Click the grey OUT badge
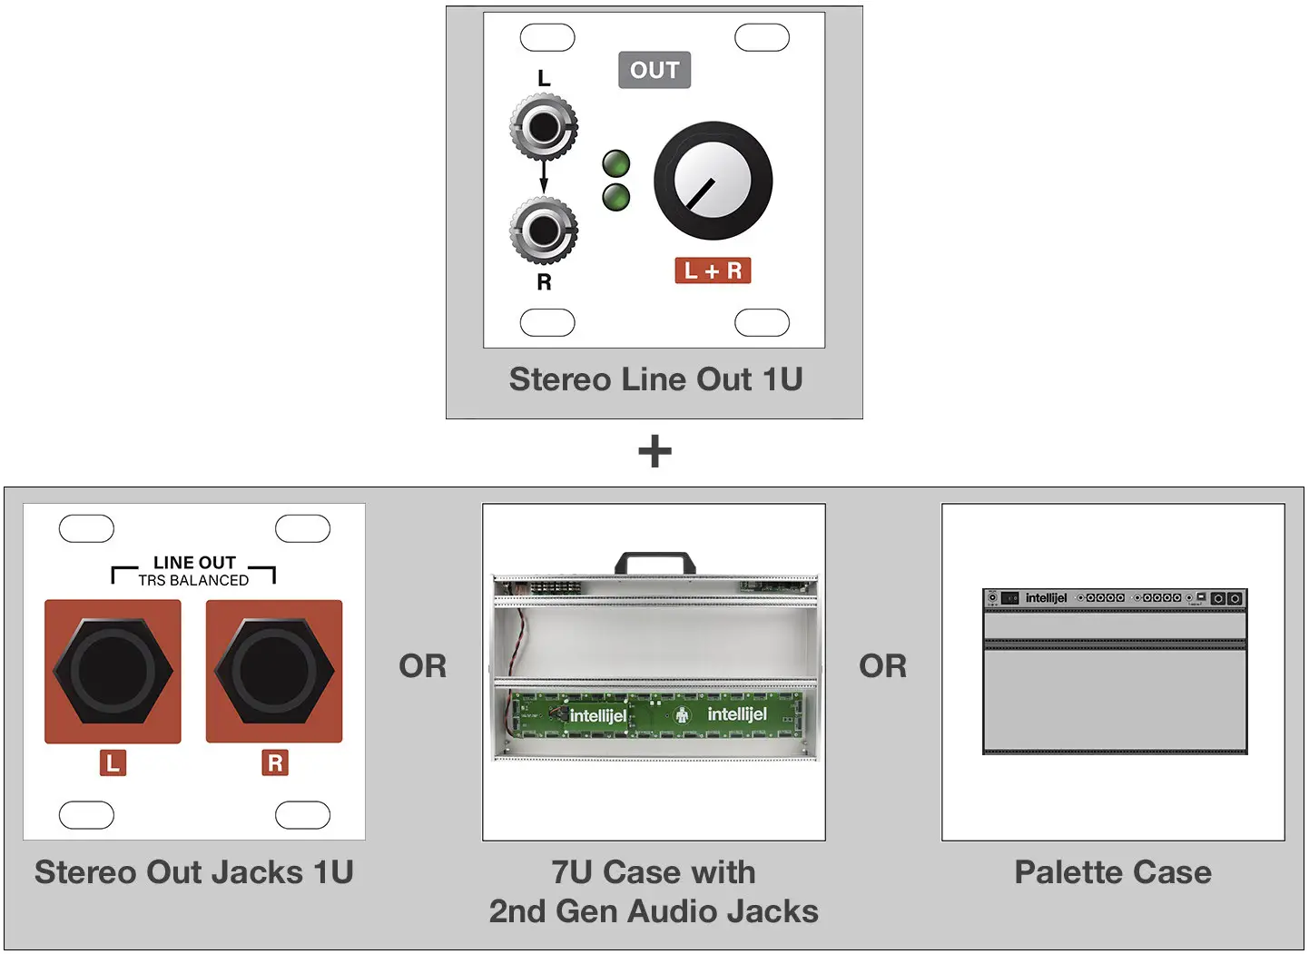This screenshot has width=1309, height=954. pos(654,70)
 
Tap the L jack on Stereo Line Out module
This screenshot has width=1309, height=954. pos(543,127)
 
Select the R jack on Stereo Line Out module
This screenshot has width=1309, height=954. pos(543,231)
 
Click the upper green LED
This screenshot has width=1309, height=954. pos(615,163)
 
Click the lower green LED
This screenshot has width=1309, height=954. pos(615,197)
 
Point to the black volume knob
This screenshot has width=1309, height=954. pos(713,181)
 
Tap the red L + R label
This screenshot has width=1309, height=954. pos(713,270)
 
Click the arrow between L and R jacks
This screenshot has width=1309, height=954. pos(544,177)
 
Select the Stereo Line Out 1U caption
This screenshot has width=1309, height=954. pos(655,379)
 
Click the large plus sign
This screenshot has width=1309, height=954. pos(654,451)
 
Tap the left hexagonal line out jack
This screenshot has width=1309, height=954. pos(113,672)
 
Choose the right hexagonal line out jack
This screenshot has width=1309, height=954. pos(274,672)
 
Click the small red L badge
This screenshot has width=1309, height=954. pos(113,762)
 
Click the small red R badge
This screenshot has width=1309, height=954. pos(275,762)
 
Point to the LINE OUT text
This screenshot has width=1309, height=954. pos(194,563)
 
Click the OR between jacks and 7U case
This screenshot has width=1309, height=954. pos(423,666)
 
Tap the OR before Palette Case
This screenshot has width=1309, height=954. pos(882,666)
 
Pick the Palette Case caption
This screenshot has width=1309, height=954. pos(1113,872)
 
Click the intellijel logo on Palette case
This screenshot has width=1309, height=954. pos(1046,598)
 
